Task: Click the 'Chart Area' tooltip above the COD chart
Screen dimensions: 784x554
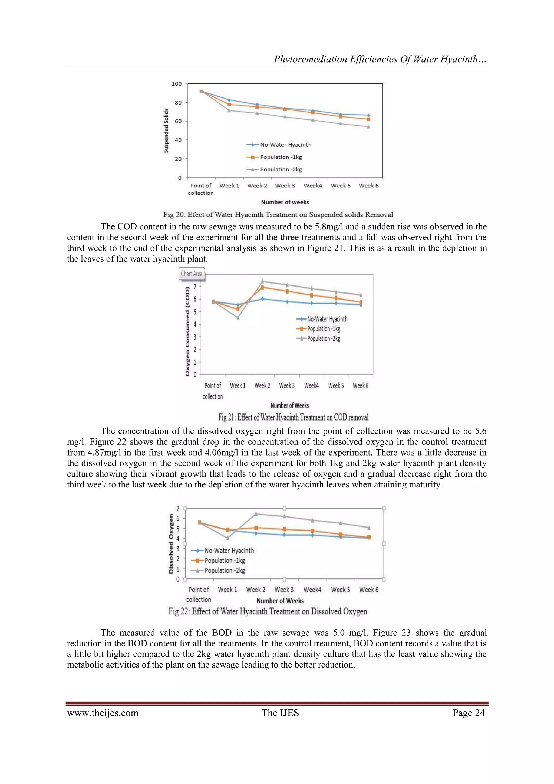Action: [191, 274]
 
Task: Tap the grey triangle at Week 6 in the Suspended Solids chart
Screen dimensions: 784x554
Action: [368, 127]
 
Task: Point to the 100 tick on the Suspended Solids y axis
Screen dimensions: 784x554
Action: [177, 84]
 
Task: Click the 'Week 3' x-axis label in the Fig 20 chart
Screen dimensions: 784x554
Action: [285, 186]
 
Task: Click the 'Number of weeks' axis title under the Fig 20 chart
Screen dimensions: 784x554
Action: [285, 202]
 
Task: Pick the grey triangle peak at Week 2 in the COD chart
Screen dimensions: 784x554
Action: [262, 281]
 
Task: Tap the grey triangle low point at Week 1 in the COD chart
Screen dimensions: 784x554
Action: [238, 318]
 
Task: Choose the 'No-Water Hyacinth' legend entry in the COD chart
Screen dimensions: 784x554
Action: [327, 319]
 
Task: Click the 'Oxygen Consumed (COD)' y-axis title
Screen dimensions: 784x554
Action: [187, 331]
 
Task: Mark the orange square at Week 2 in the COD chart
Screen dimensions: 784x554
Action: [262, 288]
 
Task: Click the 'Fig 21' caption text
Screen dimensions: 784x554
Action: [294, 417]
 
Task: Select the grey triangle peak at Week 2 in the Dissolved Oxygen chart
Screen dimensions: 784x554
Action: [256, 513]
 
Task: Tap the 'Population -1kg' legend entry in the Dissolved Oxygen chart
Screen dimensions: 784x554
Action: [224, 560]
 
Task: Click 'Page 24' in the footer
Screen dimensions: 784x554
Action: [468, 713]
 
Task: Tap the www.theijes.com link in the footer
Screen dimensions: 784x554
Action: [103, 713]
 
